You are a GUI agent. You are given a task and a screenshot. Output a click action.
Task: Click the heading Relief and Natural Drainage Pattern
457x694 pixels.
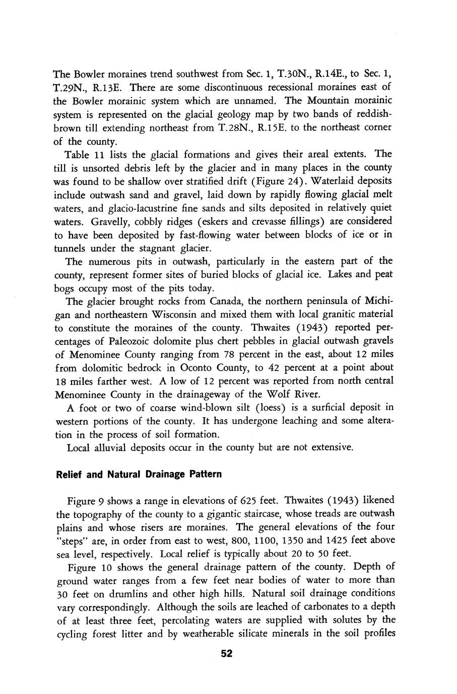[139, 475]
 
